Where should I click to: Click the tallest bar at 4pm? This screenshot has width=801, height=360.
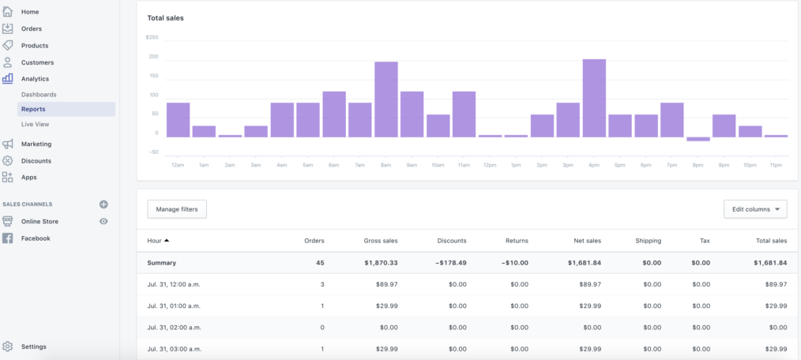pos(594,98)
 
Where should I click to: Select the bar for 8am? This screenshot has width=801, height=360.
pos(385,99)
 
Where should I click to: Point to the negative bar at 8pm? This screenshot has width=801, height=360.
pos(698,139)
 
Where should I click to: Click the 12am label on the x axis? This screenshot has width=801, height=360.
pos(178,164)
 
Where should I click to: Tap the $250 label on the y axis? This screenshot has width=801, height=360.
pos(152,37)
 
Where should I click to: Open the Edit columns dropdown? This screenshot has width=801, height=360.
pos(755,209)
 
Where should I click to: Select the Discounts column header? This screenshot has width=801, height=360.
pos(451,241)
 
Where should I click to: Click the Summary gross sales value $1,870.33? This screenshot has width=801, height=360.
pos(381,263)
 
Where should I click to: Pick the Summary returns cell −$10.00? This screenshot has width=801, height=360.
pos(513,263)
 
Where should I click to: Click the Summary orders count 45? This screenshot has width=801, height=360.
pos(319,263)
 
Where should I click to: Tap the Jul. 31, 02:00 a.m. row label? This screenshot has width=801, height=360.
pos(175,327)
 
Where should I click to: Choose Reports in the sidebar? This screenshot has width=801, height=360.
pos(33,109)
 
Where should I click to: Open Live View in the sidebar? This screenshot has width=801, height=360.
pos(36,124)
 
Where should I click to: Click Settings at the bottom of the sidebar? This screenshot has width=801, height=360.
pos(33,347)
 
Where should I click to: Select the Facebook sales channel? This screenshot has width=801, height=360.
pos(36,238)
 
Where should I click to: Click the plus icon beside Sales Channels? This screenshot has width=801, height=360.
pos(103,204)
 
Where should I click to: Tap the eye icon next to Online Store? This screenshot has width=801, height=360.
pos(103,222)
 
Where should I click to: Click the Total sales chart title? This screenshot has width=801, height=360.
pos(165,17)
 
